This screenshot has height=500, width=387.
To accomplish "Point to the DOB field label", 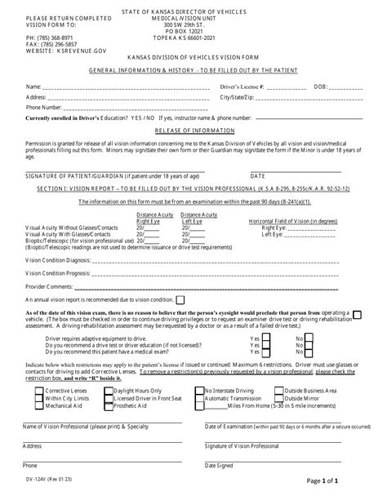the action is [319, 85].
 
